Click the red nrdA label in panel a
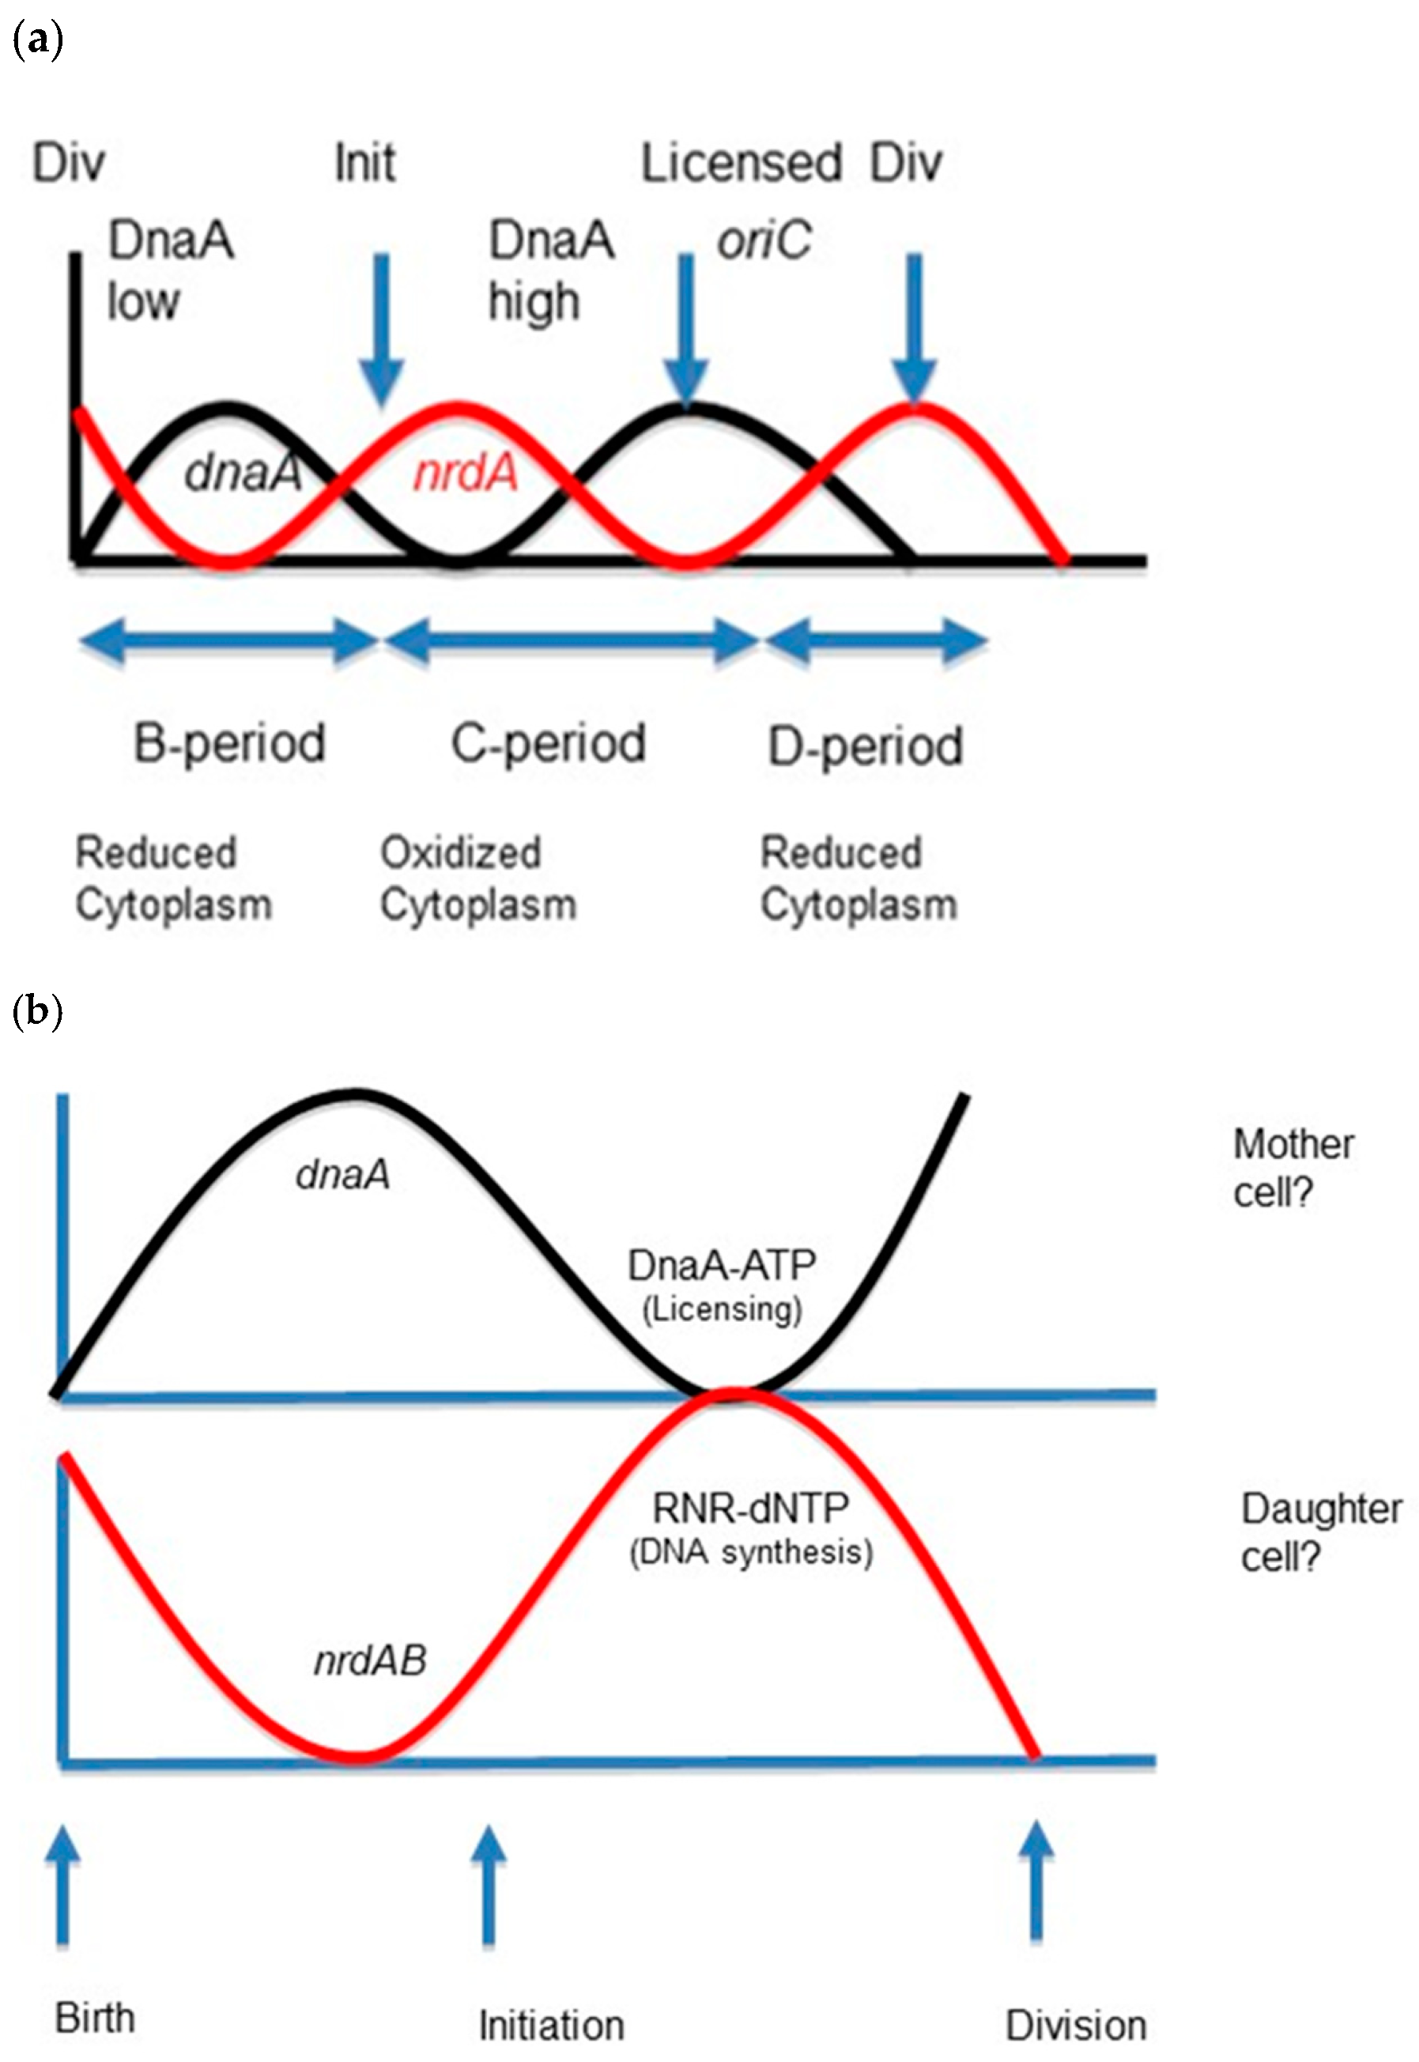click(466, 472)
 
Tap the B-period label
click(229, 744)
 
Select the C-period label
click(549, 744)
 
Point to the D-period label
click(865, 747)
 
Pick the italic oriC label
click(764, 240)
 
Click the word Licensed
click(741, 164)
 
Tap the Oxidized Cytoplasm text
click(478, 878)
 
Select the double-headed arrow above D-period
click(876, 640)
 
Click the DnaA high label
click(551, 270)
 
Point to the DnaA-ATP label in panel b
click(721, 1265)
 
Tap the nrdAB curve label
click(371, 1660)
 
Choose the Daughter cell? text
click(1320, 1532)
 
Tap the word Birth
click(95, 2018)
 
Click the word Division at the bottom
click(1075, 2026)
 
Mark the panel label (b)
click(37, 1011)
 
